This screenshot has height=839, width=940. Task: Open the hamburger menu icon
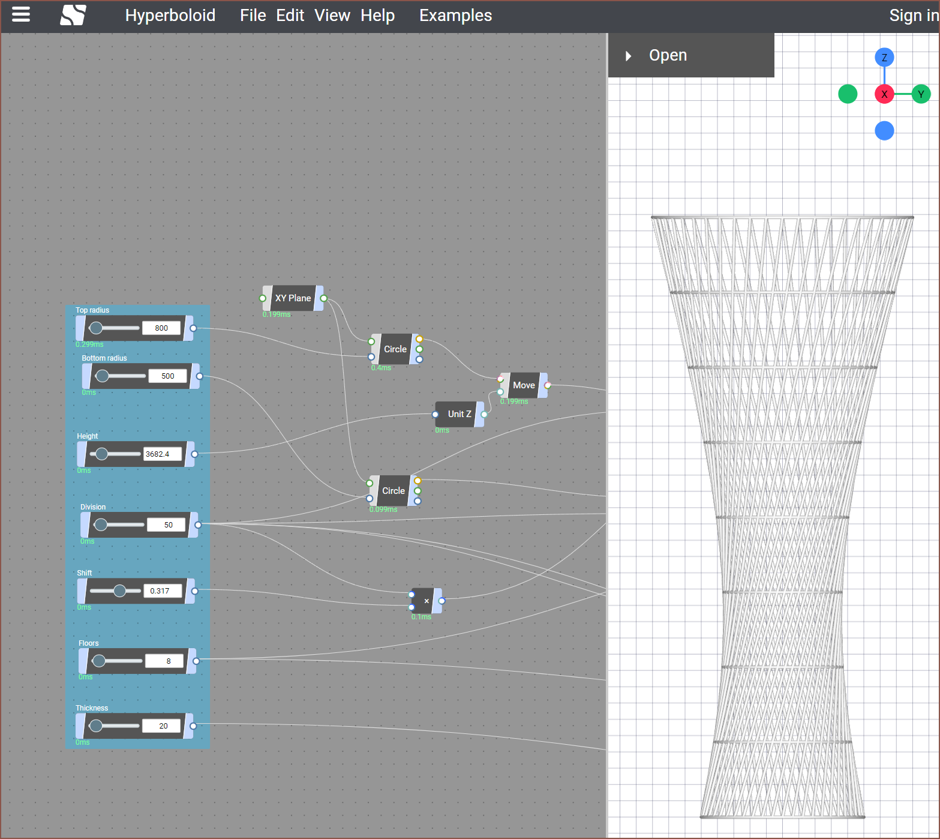21,14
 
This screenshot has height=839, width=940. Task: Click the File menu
253,16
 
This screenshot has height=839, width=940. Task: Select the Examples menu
455,16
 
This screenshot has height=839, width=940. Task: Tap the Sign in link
914,16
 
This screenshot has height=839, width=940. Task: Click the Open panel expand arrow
628,56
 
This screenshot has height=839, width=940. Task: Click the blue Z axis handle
884,58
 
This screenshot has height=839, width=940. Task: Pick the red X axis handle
884,94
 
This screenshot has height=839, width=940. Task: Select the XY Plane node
293,298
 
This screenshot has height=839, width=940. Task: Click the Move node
524,385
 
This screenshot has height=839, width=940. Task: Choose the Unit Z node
460,414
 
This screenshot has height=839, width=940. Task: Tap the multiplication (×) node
427,601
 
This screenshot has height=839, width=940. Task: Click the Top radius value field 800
161,328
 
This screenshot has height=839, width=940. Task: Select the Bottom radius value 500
168,376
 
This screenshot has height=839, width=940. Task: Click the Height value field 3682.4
162,454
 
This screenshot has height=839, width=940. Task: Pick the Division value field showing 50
169,525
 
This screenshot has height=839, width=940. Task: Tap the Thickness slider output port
193,726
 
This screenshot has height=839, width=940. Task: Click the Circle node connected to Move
395,349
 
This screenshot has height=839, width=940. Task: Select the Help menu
378,16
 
